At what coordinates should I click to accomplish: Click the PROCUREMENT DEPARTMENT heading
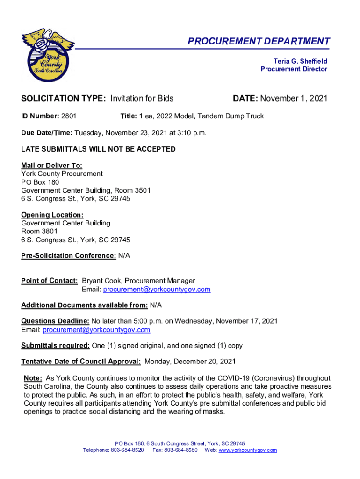259,41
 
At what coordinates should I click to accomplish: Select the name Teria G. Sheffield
300,61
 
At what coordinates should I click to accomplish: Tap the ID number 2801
69,116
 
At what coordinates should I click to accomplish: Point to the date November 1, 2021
294,98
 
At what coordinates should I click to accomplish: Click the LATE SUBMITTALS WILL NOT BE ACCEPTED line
98,149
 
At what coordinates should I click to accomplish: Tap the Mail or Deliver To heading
51,165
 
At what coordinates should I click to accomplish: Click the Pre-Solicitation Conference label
68,256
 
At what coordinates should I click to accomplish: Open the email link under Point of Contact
157,290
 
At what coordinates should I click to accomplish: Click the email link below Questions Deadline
96,330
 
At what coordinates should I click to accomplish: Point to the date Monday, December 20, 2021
190,362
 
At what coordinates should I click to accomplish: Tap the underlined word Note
33,378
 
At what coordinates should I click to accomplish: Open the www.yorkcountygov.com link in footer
248,450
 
